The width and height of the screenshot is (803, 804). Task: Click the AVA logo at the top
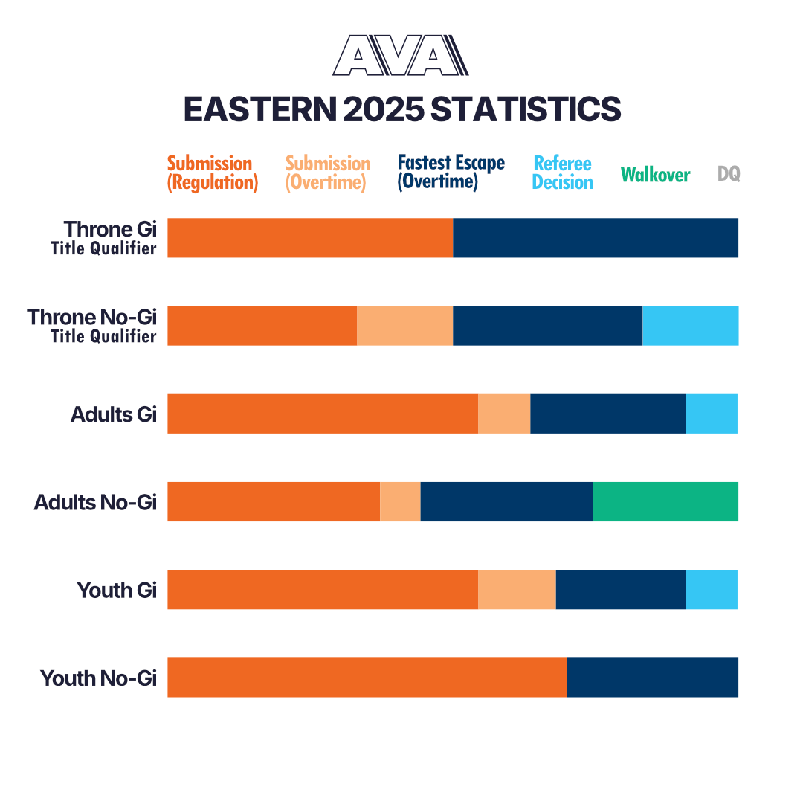coord(401,56)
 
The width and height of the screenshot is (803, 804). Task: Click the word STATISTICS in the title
coord(526,109)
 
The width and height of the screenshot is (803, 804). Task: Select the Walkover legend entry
coord(655,175)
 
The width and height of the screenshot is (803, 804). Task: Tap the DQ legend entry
coord(729,174)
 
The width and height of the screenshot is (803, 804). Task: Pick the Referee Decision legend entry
coord(563,173)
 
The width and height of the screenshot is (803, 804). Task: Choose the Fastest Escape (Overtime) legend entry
coord(451,173)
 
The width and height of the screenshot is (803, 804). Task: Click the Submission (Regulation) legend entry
coord(212,173)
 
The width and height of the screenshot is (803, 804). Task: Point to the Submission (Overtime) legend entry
coord(327,173)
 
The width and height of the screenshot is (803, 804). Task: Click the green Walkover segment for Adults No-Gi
coord(665,502)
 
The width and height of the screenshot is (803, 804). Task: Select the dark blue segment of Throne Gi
coord(596,238)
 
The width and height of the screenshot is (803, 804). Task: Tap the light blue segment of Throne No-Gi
coord(690,326)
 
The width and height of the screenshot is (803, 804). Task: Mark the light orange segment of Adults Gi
coord(504,414)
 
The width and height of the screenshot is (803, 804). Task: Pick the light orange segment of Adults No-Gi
coord(400,502)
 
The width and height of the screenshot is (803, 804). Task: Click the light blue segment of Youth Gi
coord(712,590)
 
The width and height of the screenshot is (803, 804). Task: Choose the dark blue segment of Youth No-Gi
coord(653,678)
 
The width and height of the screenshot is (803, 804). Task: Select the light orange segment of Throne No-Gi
coord(404,326)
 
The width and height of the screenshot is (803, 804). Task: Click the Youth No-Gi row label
coord(99,678)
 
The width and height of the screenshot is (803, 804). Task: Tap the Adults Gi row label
coord(114,414)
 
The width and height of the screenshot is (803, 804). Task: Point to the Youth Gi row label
coord(117,591)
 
